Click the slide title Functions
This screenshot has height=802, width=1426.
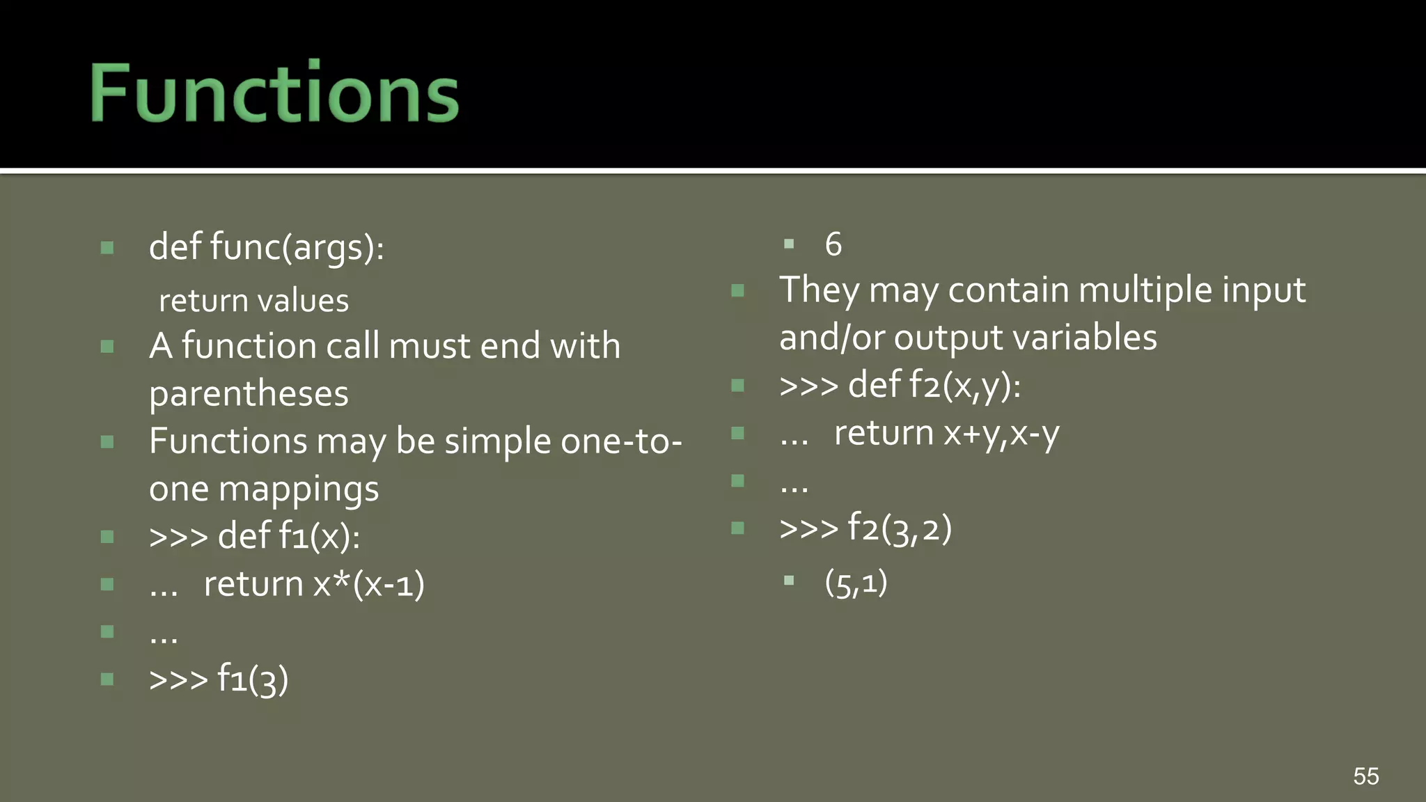(x=274, y=93)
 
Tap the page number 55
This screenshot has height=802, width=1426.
(x=1365, y=776)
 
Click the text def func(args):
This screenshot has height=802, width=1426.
(x=266, y=247)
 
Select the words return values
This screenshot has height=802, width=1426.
(x=253, y=301)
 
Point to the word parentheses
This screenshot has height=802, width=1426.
(x=249, y=394)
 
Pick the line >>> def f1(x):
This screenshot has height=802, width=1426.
(x=254, y=537)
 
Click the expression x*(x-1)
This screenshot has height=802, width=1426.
(x=368, y=584)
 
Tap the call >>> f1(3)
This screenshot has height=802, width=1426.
(x=219, y=679)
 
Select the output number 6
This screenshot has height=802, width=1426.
(x=833, y=244)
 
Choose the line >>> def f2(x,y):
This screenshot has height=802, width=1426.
(x=900, y=386)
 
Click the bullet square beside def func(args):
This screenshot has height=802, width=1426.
(x=107, y=248)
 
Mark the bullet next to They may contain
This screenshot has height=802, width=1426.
(x=737, y=290)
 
